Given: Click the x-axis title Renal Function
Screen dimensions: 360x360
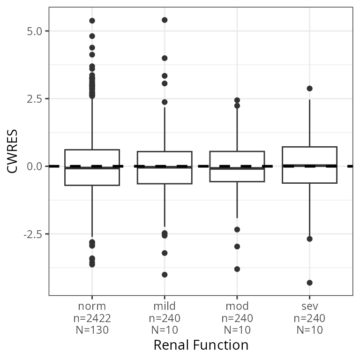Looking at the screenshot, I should click(x=201, y=345).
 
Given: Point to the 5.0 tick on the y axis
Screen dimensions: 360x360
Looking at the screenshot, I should click(x=34, y=31).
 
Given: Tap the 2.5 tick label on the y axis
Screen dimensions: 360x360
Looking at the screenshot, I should click(x=34, y=99).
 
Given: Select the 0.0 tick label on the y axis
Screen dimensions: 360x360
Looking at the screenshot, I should click(x=34, y=166).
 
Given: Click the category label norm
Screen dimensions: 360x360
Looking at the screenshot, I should click(x=92, y=307).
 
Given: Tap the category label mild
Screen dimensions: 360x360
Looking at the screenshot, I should click(x=165, y=307).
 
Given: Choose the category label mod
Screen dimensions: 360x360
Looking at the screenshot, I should click(x=237, y=307).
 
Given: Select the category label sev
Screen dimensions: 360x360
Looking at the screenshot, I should click(x=309, y=307).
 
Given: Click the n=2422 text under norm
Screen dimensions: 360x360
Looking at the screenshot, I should click(x=92, y=318).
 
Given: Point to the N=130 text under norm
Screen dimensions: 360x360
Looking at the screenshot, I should click(x=92, y=330).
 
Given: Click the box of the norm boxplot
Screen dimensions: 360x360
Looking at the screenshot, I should click(x=92, y=159).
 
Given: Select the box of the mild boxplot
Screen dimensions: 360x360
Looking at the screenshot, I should click(x=165, y=159).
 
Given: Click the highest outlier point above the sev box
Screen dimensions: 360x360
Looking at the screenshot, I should click(x=309, y=89).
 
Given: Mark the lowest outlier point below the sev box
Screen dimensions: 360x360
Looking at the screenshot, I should click(x=309, y=283).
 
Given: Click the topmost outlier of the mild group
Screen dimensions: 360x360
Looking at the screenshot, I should click(x=165, y=20).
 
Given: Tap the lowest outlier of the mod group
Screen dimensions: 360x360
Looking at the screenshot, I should click(x=237, y=269).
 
